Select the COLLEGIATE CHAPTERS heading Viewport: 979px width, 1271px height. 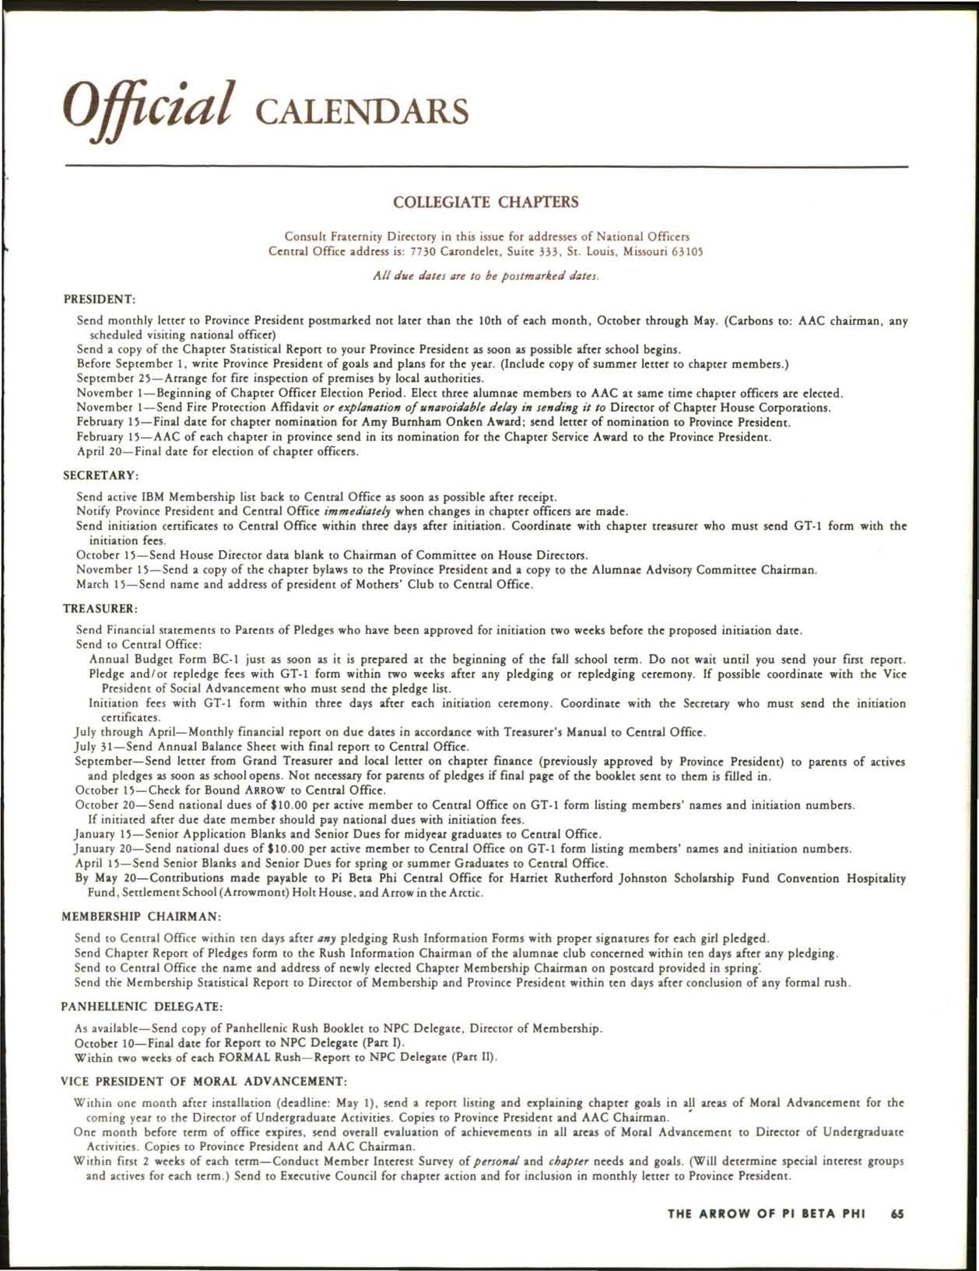click(x=486, y=203)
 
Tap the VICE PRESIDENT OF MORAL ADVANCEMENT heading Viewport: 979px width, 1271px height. click(x=203, y=1081)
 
